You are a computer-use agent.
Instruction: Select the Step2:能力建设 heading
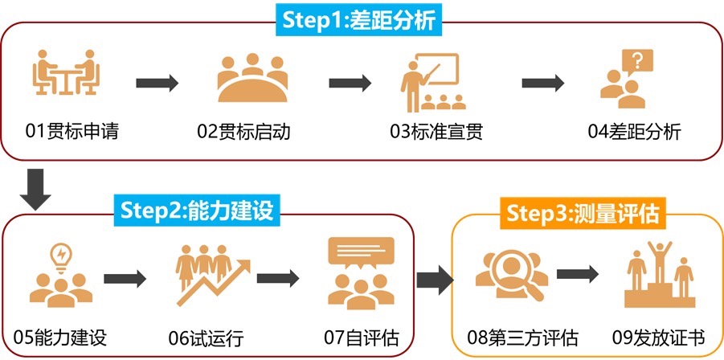coord(198,210)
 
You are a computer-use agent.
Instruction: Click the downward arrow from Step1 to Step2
coord(35,187)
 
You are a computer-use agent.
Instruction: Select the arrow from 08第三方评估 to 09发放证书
coord(579,273)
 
